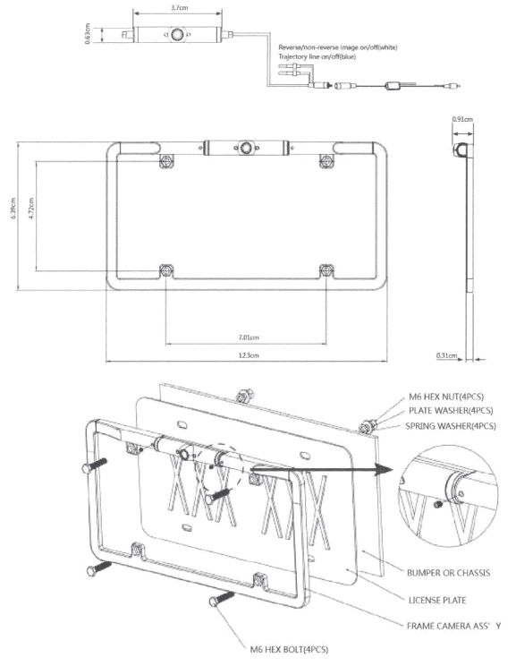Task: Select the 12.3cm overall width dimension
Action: point(249,356)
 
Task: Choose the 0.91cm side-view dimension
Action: point(463,119)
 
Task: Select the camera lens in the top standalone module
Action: point(177,36)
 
